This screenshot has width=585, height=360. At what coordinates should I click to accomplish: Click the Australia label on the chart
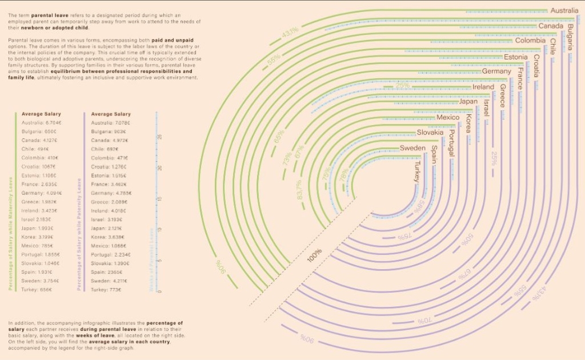pyautogui.click(x=564, y=10)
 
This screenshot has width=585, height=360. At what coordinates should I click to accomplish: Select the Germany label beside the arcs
pyautogui.click(x=496, y=72)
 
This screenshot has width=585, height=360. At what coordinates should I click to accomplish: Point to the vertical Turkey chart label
pyautogui.click(x=418, y=171)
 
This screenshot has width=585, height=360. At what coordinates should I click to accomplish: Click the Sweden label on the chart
pyautogui.click(x=412, y=148)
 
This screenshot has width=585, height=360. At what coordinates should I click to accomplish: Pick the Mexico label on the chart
pyautogui.click(x=447, y=118)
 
